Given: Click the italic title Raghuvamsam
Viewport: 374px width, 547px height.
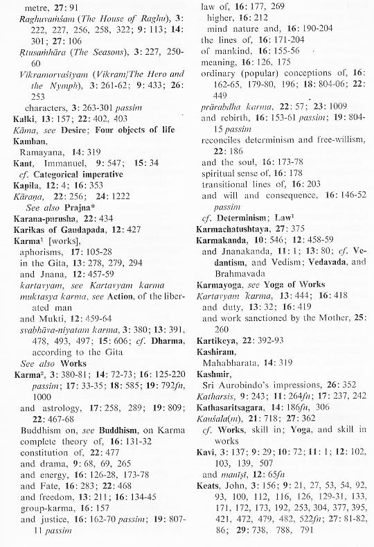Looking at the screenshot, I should coord(49,21).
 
